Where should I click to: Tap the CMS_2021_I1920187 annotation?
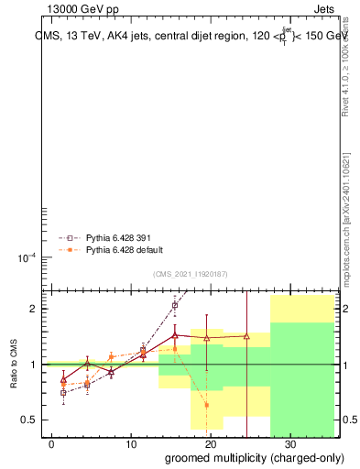click(191, 274)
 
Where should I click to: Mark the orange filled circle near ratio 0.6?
click(207, 404)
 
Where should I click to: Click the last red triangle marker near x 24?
click(247, 336)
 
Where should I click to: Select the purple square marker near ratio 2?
click(175, 306)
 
